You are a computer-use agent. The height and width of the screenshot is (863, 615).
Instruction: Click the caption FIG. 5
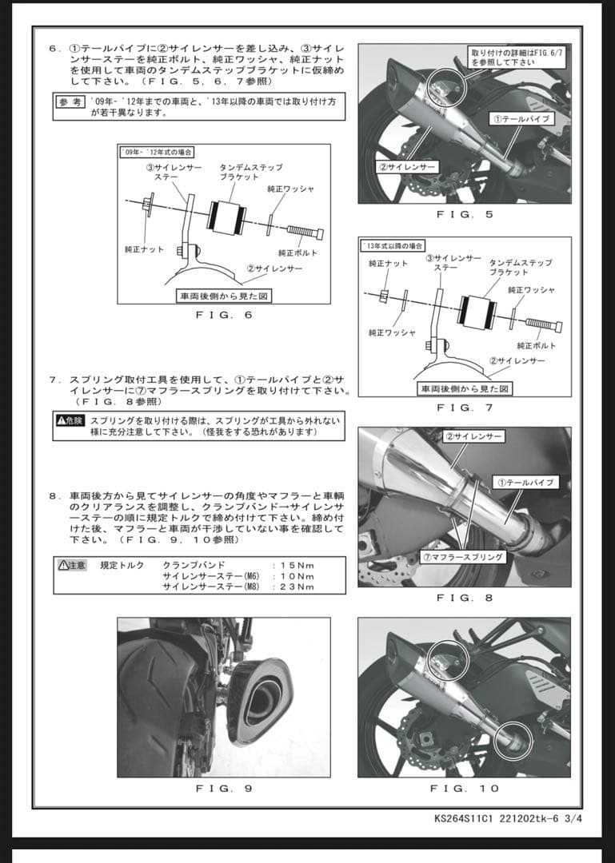[x=465, y=214]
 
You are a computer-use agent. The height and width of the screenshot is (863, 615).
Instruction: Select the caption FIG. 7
[x=465, y=408]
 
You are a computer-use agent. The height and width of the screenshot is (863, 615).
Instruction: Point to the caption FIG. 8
[x=465, y=598]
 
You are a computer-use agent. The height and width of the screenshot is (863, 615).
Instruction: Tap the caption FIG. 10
[x=465, y=788]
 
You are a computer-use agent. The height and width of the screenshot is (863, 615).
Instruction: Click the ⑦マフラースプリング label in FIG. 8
[x=475, y=556]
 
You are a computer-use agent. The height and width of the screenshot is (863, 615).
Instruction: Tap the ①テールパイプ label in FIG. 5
[x=521, y=119]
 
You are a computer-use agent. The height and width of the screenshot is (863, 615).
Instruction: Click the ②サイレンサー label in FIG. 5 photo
[x=407, y=167]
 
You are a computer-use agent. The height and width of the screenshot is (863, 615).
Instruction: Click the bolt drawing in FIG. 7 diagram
[x=544, y=325]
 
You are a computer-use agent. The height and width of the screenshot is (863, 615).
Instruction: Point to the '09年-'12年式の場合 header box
[x=157, y=152]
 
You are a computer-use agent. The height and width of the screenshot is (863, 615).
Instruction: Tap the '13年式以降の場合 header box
[x=393, y=245]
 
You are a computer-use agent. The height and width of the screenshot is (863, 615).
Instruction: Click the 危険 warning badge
[x=70, y=420]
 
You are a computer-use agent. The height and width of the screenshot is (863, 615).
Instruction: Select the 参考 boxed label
[x=70, y=101]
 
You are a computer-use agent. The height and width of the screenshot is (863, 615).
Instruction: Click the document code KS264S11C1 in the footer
[x=461, y=819]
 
